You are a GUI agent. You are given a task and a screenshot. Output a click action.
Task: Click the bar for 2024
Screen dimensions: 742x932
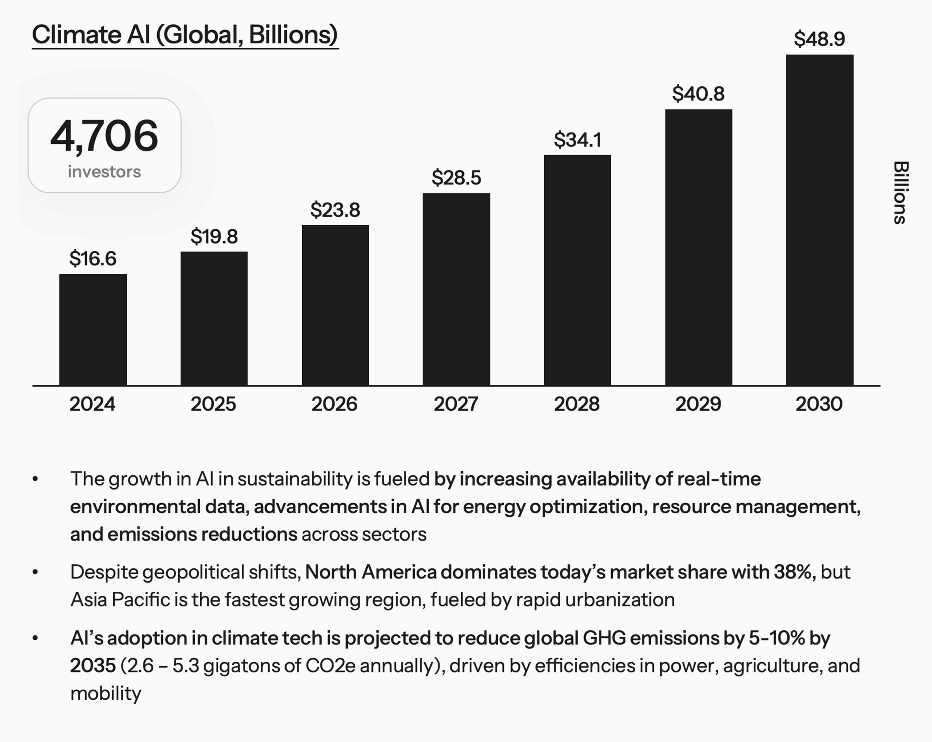tap(93, 329)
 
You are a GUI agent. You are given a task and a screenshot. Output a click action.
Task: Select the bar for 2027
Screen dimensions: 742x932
tap(457, 289)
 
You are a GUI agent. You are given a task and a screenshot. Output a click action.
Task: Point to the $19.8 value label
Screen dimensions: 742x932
tap(214, 237)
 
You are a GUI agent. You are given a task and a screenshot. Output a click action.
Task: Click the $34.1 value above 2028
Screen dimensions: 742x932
tap(577, 140)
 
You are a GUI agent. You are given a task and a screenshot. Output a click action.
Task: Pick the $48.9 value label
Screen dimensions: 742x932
tap(819, 39)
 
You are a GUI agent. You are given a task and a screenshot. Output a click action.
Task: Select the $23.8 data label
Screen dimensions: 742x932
tap(335, 210)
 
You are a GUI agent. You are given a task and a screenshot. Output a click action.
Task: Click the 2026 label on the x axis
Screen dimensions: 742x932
tap(335, 404)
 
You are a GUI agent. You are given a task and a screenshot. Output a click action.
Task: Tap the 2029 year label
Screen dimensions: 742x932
tap(698, 404)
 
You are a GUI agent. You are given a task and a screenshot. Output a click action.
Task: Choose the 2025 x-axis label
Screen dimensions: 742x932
tap(214, 404)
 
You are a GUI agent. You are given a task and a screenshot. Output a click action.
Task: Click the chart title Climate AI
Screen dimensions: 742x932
tap(185, 35)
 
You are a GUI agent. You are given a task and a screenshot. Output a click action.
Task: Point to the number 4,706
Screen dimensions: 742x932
tap(104, 136)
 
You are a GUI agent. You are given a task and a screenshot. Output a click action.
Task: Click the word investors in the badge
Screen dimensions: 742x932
tap(104, 171)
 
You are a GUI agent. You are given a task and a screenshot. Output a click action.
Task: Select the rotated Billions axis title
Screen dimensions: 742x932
tap(900, 193)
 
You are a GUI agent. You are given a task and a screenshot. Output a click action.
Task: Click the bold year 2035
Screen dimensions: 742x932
tap(93, 666)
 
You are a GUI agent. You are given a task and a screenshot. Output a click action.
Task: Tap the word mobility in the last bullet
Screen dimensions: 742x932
tap(106, 694)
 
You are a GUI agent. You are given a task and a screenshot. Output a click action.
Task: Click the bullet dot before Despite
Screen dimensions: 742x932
tap(35, 572)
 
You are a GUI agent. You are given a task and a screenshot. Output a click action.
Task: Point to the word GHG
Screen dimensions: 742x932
tap(604, 638)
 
